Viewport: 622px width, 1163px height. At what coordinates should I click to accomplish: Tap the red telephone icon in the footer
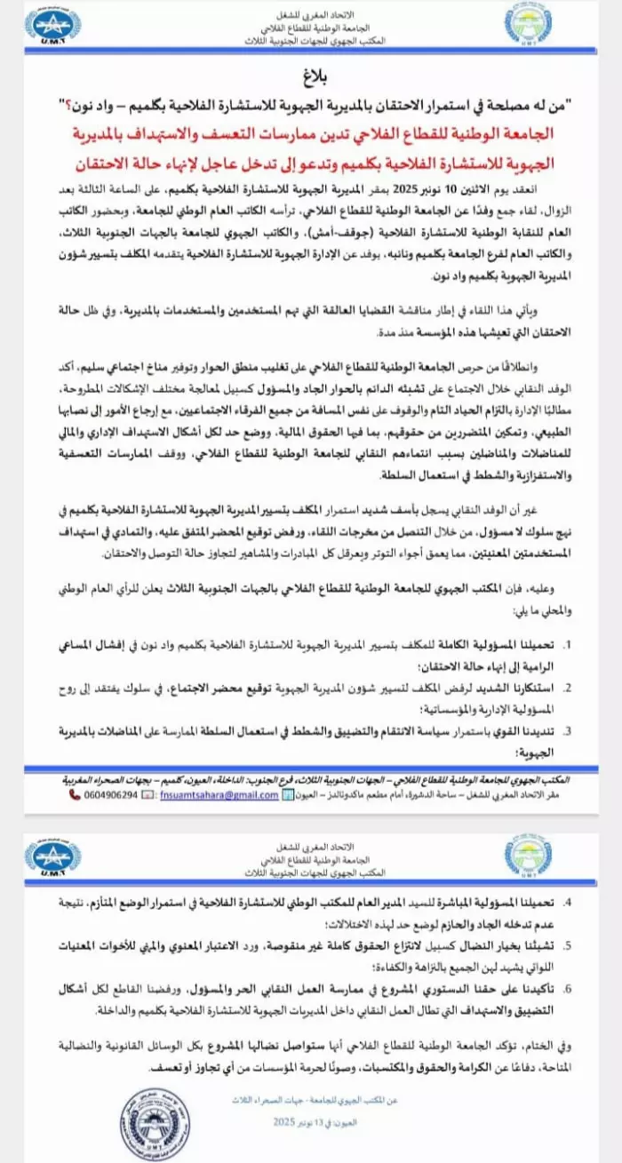[76, 794]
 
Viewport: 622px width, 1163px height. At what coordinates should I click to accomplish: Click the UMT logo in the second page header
[53, 858]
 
